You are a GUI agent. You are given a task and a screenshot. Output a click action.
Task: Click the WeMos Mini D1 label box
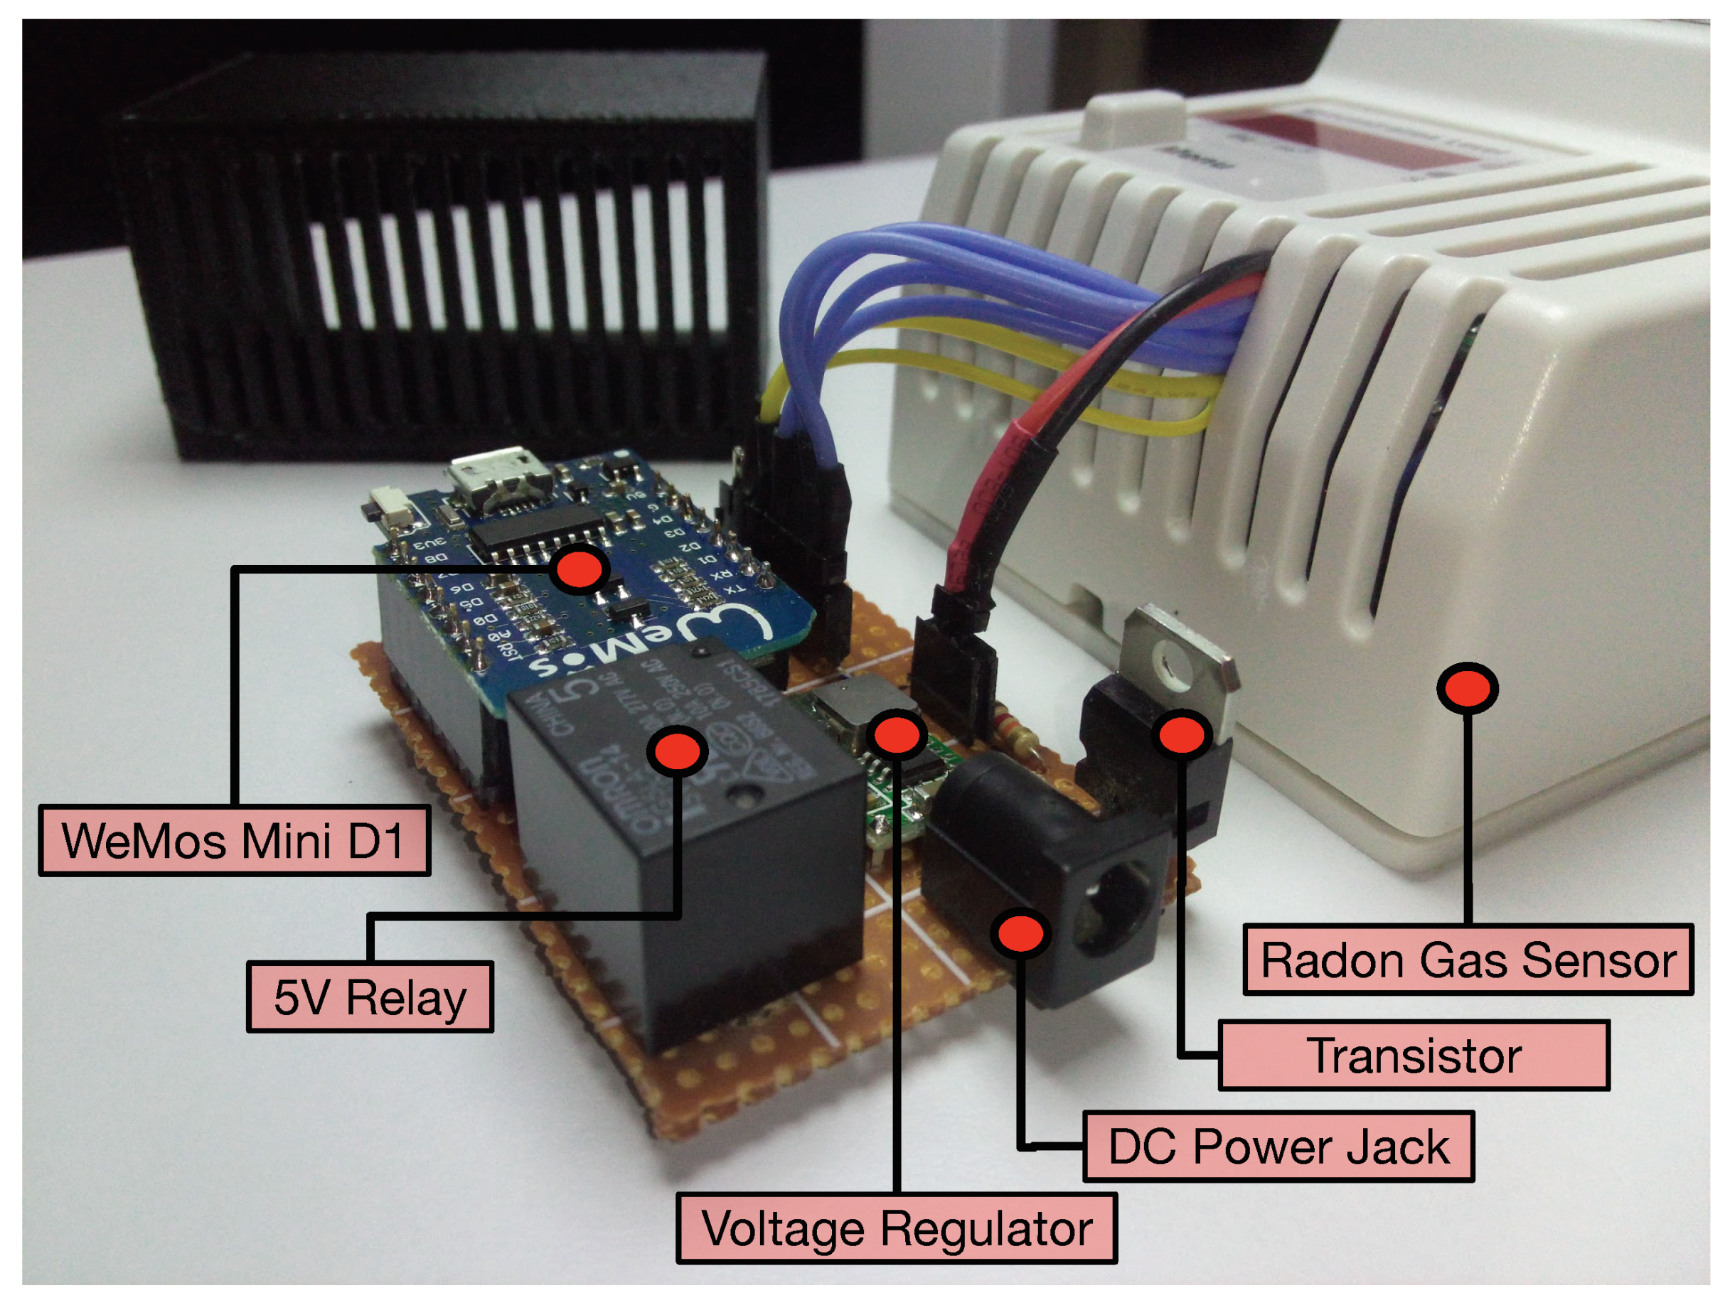(234, 840)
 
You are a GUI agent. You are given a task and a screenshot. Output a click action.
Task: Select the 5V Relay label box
(370, 997)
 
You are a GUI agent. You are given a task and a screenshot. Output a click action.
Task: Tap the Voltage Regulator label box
(896, 1228)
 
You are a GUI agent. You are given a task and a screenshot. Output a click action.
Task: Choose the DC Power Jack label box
(1278, 1146)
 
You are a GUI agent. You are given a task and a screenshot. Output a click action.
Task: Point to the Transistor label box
(1414, 1056)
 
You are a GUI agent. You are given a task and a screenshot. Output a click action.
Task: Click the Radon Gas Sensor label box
(1468, 959)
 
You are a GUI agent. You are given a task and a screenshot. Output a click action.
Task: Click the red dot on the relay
(678, 751)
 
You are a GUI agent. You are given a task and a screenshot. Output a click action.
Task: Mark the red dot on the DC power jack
(1020, 933)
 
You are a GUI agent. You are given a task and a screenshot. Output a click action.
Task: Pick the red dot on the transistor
(1182, 735)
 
